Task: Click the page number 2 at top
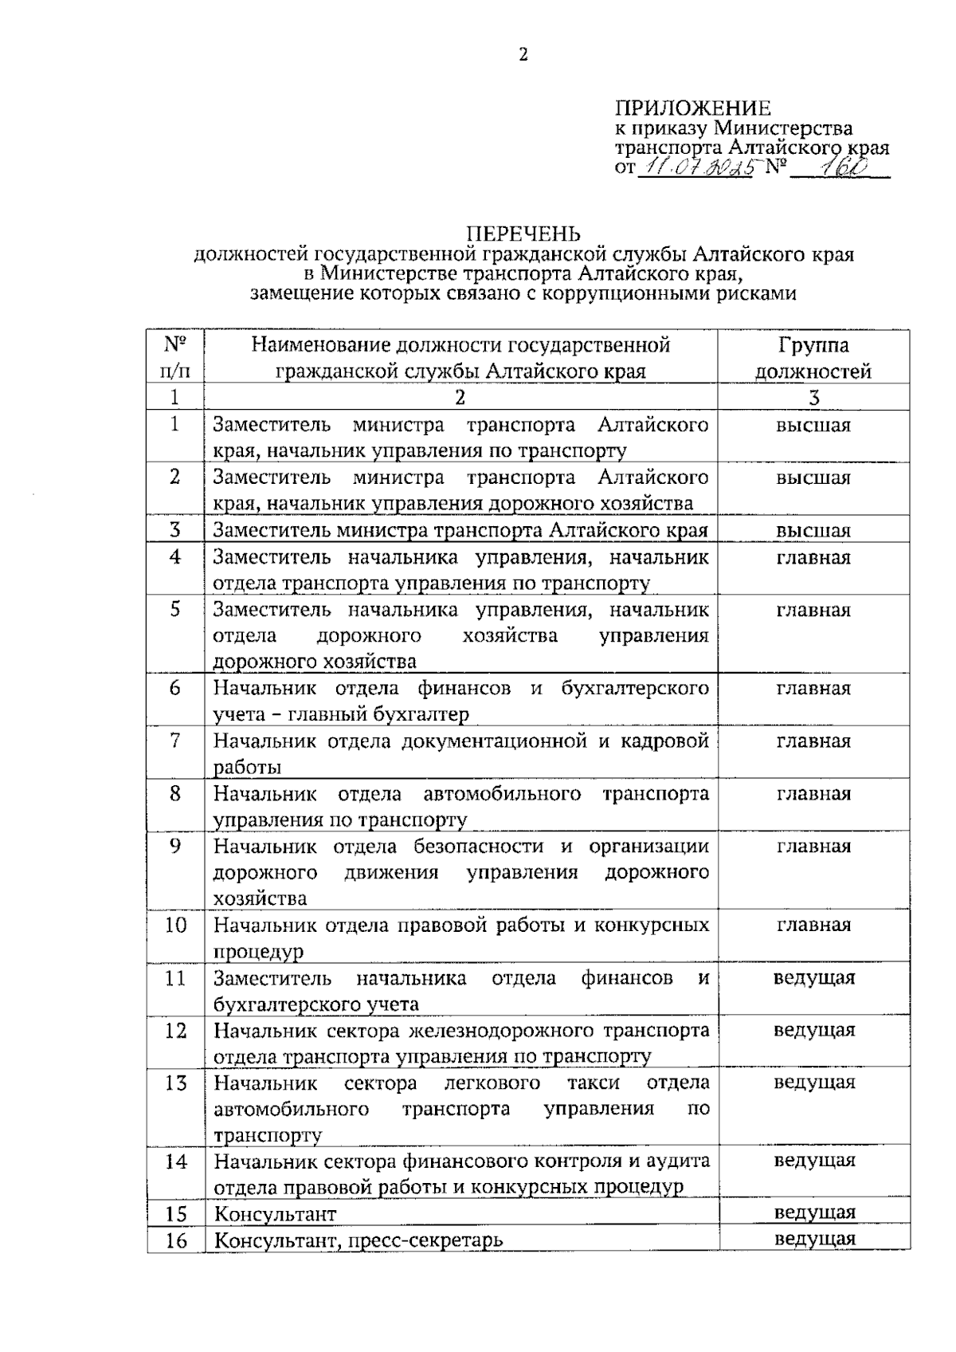tap(523, 54)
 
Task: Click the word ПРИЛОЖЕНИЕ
tap(692, 108)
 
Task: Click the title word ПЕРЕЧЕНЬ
tap(523, 233)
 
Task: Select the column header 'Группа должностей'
tap(813, 358)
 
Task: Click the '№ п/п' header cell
tap(175, 358)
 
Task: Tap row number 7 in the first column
tap(175, 741)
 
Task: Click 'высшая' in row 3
tap(813, 530)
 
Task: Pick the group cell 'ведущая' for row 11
tap(813, 977)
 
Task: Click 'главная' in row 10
tap(813, 925)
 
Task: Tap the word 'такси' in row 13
tap(594, 1083)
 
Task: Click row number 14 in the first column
tap(175, 1161)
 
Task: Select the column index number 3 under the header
tap(813, 397)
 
